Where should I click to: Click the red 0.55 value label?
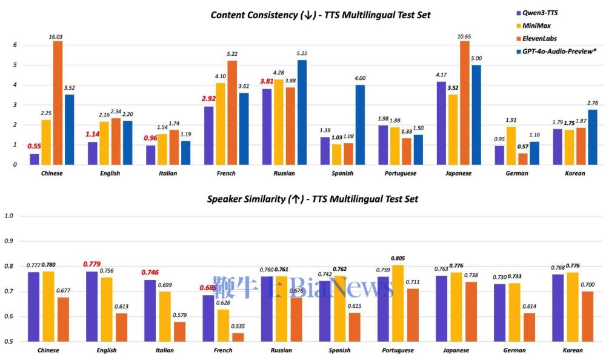[35, 147]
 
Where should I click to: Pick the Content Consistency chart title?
[321, 15]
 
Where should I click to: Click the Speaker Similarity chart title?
[312, 199]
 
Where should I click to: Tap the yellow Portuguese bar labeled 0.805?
[397, 303]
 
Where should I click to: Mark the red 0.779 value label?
[92, 264]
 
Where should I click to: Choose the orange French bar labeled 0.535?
[238, 337]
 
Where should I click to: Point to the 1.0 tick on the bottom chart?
[8, 216]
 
